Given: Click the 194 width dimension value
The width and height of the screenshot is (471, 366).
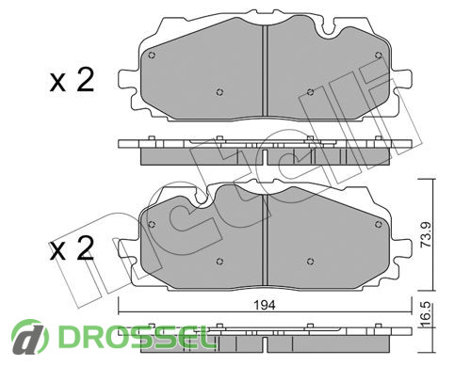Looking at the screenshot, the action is [x=265, y=304].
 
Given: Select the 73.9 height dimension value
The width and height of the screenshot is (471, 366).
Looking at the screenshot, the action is [x=426, y=235].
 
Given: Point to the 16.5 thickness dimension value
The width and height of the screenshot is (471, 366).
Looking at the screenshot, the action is [x=426, y=315].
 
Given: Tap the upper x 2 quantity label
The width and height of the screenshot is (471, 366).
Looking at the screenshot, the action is [x=72, y=81].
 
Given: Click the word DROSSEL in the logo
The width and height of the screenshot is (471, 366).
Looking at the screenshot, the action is [x=135, y=336].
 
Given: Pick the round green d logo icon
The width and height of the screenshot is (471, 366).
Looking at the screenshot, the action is [x=30, y=337].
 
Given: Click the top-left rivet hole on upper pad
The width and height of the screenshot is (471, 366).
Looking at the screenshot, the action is [x=152, y=56].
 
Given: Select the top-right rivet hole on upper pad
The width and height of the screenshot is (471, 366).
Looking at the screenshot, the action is [x=379, y=56].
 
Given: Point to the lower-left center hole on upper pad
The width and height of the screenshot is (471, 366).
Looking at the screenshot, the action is [x=219, y=92].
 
